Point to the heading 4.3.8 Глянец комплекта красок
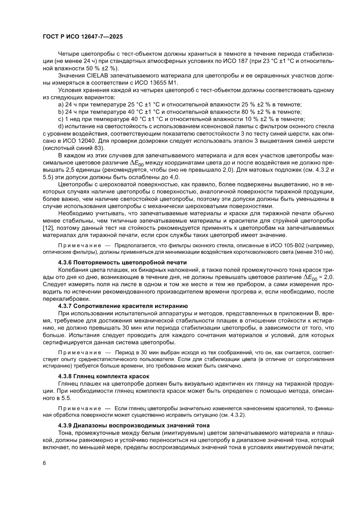(x=104, y=376)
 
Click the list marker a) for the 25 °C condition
(x=61, y=105)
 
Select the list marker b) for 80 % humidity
(x=61, y=112)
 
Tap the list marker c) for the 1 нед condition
(x=61, y=119)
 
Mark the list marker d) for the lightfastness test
(x=61, y=126)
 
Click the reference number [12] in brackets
(x=48, y=229)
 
